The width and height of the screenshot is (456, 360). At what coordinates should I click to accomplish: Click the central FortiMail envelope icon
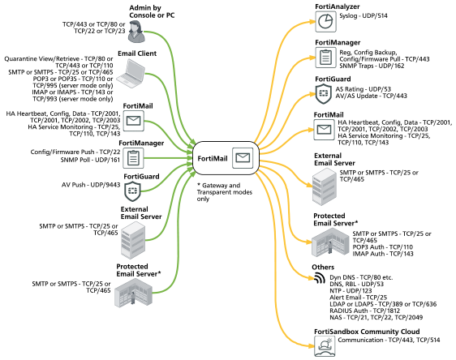(x=243, y=158)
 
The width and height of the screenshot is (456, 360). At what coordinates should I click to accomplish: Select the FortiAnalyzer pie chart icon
(x=325, y=22)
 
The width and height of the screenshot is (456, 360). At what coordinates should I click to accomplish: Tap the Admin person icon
(x=136, y=32)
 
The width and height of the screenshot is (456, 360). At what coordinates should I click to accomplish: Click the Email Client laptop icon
(x=131, y=74)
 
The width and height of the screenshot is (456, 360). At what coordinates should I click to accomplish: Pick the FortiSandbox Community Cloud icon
(x=325, y=346)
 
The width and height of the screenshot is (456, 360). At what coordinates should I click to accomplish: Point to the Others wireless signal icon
(x=320, y=278)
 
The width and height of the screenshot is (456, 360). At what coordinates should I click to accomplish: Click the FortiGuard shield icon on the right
(x=324, y=93)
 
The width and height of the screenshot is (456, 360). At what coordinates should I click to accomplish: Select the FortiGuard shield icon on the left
(x=132, y=191)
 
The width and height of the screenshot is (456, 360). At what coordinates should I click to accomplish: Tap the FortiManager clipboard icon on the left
(x=133, y=158)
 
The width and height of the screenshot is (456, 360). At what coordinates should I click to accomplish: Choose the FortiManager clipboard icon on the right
(x=325, y=58)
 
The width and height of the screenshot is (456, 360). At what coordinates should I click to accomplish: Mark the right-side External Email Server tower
(x=325, y=186)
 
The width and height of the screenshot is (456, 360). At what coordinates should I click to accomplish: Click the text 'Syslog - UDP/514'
(x=364, y=15)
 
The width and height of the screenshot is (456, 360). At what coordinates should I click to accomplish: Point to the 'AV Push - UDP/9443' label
(x=91, y=185)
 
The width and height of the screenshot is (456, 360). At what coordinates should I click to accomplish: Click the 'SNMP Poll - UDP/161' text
(x=90, y=160)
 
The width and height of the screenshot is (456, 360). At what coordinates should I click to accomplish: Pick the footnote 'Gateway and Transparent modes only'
(x=225, y=192)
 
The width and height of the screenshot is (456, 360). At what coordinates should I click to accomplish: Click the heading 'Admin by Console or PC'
(x=152, y=11)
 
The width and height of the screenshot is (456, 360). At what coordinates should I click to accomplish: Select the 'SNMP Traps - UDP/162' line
(x=372, y=66)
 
